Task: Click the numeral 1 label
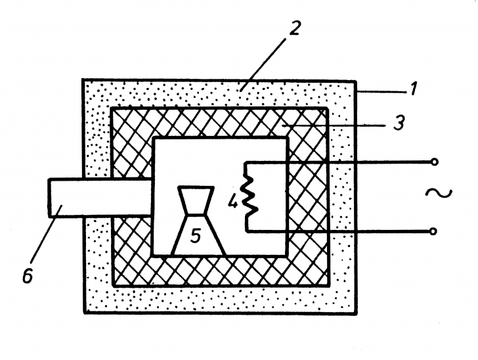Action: coord(413,89)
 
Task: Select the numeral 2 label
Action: coord(295,28)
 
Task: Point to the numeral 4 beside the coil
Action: coord(233,202)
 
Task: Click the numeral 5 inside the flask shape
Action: coord(196,236)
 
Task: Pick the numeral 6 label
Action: coord(28,276)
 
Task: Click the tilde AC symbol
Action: coord(439,193)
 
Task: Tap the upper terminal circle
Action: coord(435,162)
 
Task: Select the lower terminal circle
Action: coord(433,231)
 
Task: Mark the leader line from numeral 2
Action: coord(263,64)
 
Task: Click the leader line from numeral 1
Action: coord(382,91)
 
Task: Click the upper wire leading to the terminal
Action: coord(338,162)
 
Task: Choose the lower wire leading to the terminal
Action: coord(337,231)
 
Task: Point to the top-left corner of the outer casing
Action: coord(83,80)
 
